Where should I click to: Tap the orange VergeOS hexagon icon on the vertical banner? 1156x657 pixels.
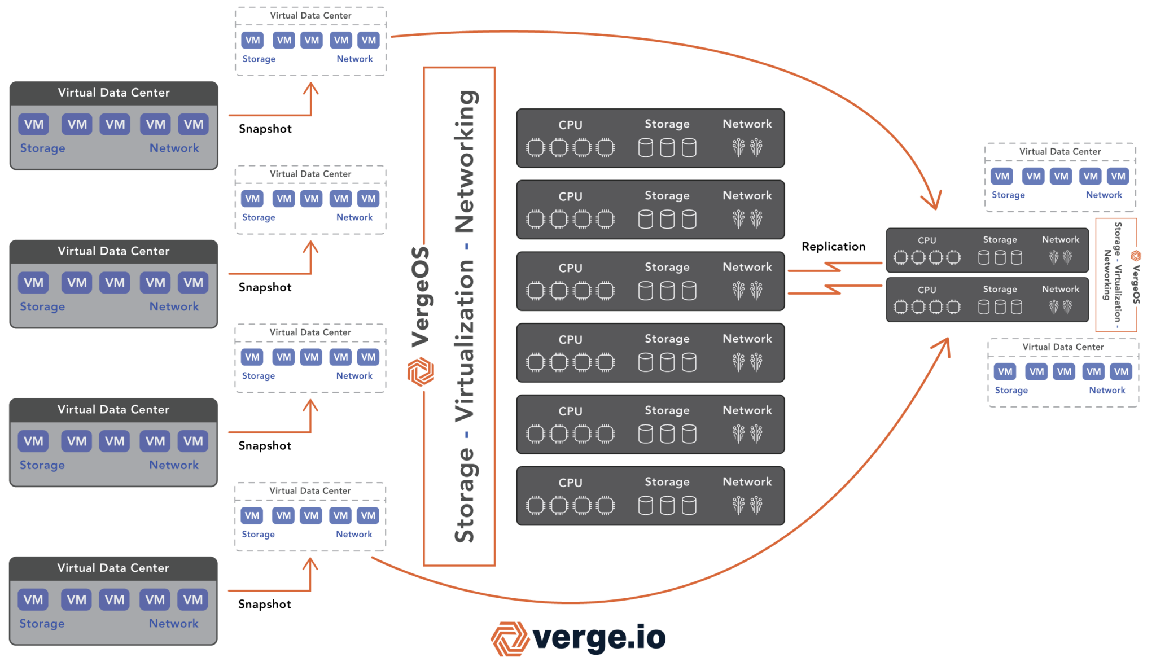[x=421, y=372]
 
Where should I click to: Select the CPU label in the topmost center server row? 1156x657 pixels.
[x=570, y=125]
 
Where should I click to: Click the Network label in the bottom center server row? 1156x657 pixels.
[x=747, y=481]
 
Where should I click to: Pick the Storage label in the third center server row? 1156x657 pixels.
[x=667, y=267]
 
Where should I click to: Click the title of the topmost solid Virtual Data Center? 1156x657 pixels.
[x=113, y=93]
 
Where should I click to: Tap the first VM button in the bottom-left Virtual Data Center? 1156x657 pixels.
[x=33, y=599]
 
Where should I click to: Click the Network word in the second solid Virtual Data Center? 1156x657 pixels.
[x=174, y=306]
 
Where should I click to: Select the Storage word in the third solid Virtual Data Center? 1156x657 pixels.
[x=42, y=465]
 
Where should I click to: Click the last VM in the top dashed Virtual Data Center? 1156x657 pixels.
[x=369, y=40]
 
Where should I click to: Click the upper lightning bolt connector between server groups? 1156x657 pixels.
[x=834, y=266]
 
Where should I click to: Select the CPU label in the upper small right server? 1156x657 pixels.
[x=926, y=240]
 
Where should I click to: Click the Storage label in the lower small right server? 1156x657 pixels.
[x=1000, y=289]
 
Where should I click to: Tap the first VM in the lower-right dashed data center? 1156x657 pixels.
[x=1005, y=371]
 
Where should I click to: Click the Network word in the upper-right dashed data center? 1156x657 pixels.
[x=1104, y=195]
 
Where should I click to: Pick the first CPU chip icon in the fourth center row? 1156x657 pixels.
[x=535, y=362]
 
